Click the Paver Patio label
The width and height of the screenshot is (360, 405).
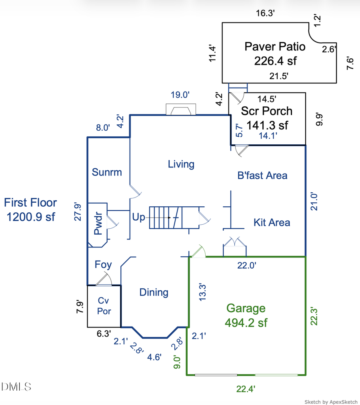275,47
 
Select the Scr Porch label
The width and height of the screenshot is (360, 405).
266,111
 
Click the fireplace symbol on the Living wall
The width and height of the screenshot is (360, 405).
181,110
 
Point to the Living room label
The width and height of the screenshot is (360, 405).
181,164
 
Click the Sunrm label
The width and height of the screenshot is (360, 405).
106,172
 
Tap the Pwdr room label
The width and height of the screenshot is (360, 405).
98,225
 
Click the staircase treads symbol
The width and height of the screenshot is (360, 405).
166,217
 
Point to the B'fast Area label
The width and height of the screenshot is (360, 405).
262,175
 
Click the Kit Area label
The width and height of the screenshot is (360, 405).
272,222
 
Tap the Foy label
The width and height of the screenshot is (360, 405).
103,265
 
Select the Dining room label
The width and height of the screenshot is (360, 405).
154,292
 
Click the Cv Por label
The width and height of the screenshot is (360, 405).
104,306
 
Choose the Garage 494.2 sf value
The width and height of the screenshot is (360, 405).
246,322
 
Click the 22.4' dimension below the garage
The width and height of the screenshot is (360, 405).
246,388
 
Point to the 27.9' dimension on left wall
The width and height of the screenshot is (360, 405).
78,212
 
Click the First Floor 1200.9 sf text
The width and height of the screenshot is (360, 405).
30,209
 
